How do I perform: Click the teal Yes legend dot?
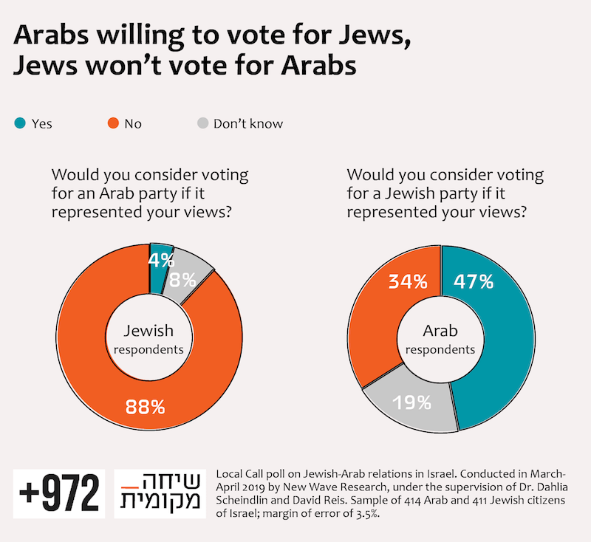pos(20,123)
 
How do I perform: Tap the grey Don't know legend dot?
pos(199,123)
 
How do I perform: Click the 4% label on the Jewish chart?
pos(161,260)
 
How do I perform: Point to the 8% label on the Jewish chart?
pos(183,280)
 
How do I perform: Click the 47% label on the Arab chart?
pos(472,281)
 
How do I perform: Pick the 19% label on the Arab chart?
pos(412,402)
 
